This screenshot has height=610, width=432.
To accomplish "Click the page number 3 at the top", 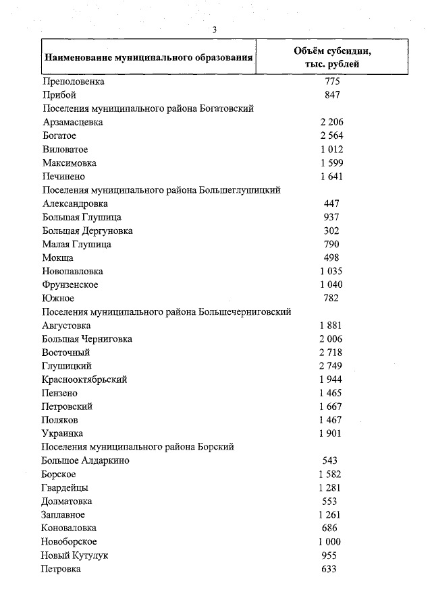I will point(214,30).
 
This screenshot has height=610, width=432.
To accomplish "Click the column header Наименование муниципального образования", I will point(148,57).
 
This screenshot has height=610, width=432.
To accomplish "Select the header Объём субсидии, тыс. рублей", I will point(331,57).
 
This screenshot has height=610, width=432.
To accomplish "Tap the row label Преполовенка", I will point(74,82).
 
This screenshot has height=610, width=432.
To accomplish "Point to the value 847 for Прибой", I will point(331,95).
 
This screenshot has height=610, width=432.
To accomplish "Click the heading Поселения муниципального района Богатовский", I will point(152,109).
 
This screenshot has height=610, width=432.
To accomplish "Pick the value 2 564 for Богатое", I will point(331,135).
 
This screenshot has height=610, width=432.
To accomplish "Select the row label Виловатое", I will point(65,149).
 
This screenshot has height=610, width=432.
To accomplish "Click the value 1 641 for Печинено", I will point(331,177).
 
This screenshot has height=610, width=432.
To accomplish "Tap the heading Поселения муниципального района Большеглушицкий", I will point(161,190).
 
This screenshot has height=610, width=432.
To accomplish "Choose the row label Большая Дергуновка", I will point(87,231).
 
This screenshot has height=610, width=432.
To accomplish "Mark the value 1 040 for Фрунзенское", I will point(331,284).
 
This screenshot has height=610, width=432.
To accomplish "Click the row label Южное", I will point(58,298).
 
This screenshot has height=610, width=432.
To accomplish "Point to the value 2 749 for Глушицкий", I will point(331,366).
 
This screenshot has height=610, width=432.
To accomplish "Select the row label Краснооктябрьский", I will point(84,379).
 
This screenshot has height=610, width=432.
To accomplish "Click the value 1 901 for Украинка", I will point(331,433).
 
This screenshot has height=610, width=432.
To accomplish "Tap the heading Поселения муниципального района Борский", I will point(138,447).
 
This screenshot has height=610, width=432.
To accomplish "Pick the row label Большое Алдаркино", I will point(86,460).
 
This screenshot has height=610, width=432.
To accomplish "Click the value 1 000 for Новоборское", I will point(330,542).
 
